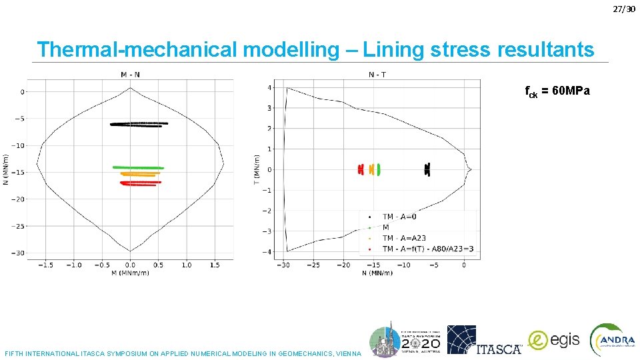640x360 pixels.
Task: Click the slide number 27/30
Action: coord(626,8)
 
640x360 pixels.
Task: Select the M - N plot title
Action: coord(130,74)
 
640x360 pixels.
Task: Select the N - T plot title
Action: coord(377,74)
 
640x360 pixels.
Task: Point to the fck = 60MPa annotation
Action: coord(557,91)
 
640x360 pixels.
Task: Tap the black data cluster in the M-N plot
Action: coord(139,124)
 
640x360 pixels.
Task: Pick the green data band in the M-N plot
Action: coord(138,167)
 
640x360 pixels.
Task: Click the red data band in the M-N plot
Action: coord(140,183)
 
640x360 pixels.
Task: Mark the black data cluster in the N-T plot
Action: coord(428,169)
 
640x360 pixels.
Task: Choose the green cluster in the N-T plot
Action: coord(378,169)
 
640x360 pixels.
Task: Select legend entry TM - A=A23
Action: coord(404,238)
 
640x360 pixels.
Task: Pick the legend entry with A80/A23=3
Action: coord(427,249)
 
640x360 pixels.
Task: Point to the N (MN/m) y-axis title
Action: coord(6,170)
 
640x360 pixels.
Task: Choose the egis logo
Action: coord(554,340)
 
